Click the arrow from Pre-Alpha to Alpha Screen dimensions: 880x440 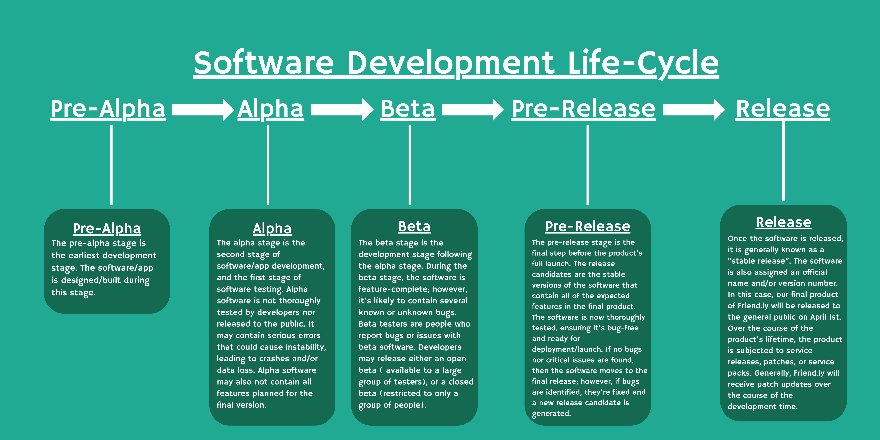pos(203,109)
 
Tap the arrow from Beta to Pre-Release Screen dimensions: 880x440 pos(473,109)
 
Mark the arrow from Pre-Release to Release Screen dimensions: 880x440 pos(694,109)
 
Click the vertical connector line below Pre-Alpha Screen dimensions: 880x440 pos(111,165)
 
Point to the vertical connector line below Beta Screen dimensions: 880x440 pos(410,165)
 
